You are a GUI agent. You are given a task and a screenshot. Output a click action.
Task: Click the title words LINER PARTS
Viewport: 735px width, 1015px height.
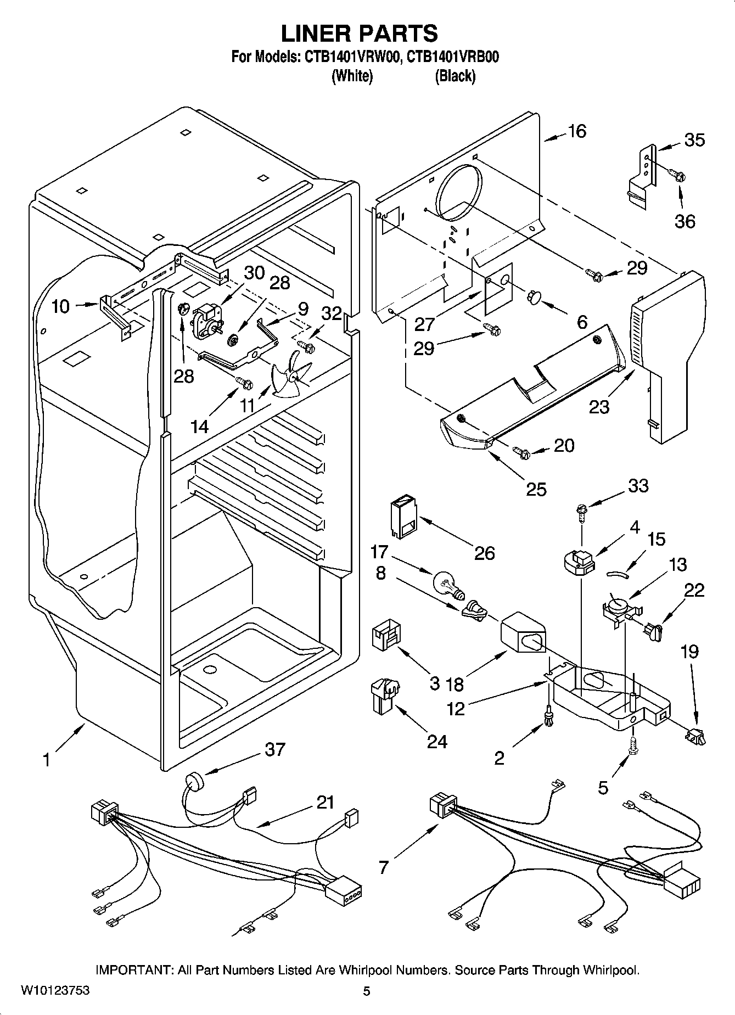[360, 33]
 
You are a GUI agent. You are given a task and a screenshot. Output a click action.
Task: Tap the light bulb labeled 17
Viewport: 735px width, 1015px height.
[447, 584]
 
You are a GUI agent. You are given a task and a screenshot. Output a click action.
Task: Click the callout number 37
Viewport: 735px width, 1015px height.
[274, 749]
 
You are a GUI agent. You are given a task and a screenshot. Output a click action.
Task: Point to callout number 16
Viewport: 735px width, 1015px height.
[576, 131]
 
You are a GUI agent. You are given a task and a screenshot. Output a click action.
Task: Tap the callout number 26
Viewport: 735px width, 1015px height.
[484, 553]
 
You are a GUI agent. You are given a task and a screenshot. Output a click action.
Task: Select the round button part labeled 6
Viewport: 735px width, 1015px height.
[533, 298]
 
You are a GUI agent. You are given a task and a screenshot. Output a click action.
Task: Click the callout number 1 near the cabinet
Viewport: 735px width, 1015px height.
[47, 760]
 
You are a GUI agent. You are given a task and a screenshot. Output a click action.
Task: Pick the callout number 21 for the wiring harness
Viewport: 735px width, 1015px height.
[325, 803]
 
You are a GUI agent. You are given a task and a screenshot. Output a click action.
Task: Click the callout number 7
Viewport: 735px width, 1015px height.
[383, 867]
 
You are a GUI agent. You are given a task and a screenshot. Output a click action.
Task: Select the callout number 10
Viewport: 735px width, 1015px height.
[60, 306]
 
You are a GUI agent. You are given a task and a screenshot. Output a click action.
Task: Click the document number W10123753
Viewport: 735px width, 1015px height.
[55, 991]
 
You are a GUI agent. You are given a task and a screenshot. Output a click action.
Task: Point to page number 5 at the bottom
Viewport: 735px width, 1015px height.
[367, 991]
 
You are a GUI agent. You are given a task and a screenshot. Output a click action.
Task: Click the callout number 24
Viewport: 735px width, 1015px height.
[437, 742]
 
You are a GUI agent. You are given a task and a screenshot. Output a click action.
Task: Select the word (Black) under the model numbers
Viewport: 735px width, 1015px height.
[455, 76]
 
